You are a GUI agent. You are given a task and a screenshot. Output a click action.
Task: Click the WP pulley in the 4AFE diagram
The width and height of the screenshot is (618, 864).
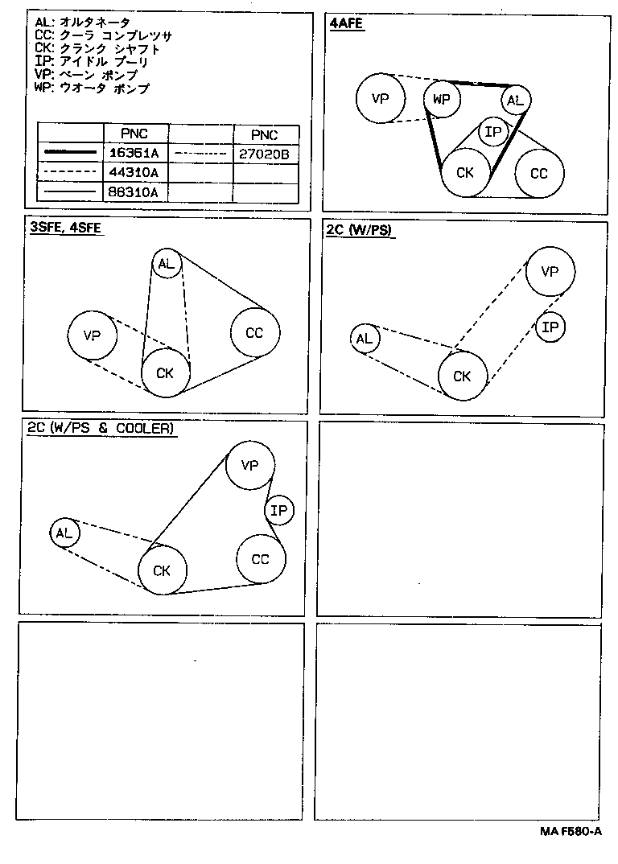pyautogui.click(x=441, y=100)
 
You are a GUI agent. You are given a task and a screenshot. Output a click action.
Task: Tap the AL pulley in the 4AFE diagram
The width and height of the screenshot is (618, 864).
pyautogui.click(x=515, y=101)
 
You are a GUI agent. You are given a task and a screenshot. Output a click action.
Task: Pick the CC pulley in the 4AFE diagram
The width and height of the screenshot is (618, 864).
pyautogui.click(x=539, y=173)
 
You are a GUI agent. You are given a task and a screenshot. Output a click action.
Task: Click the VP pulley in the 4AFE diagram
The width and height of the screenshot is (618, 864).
pyautogui.click(x=380, y=98)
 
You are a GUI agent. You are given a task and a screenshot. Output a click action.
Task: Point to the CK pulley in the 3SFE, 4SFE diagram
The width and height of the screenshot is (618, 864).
pyautogui.click(x=166, y=372)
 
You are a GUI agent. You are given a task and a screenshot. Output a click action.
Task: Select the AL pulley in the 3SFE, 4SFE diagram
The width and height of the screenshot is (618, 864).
pyautogui.click(x=166, y=264)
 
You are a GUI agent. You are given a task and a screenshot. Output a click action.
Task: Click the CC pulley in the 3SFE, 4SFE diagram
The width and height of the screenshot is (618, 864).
pyautogui.click(x=254, y=332)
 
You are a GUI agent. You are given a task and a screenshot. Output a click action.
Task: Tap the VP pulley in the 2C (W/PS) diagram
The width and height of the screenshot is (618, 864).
pyautogui.click(x=550, y=271)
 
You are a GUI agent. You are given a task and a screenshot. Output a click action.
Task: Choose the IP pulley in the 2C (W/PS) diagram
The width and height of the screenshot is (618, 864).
pyautogui.click(x=550, y=327)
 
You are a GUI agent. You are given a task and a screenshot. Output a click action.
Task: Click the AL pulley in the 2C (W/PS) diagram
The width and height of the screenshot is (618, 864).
pyautogui.click(x=365, y=339)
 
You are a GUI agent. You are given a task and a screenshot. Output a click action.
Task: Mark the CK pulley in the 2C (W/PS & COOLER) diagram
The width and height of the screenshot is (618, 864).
pyautogui.click(x=163, y=570)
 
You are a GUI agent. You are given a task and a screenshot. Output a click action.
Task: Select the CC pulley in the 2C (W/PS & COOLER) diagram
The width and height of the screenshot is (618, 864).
pyautogui.click(x=260, y=559)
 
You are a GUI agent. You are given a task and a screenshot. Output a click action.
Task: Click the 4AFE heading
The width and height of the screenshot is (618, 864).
pyautogui.click(x=347, y=23)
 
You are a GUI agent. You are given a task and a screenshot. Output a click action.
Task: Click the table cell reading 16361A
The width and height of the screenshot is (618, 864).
pyautogui.click(x=133, y=152)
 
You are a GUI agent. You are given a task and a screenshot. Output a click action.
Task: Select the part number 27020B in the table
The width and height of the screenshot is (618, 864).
pyautogui.click(x=264, y=152)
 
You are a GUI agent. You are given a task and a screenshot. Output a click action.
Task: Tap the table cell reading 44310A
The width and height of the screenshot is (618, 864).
pyautogui.click(x=133, y=172)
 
